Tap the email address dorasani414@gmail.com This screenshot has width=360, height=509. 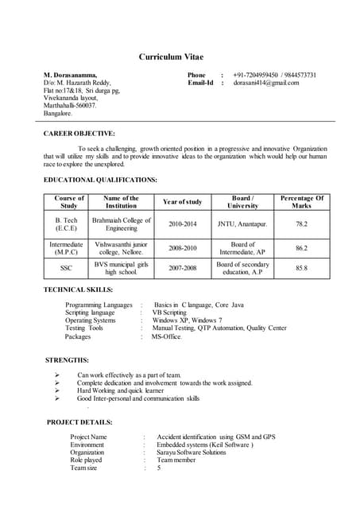coord(266,83)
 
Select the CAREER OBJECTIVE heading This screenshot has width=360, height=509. coord(79,133)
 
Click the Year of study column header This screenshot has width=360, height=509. coord(182,202)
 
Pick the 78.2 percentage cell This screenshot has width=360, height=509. coord(301,224)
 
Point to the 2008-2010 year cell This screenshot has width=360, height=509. coord(182,248)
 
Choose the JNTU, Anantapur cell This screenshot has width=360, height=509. coord(242,224)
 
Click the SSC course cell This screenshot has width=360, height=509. coord(66,269)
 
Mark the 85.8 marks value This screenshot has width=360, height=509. coord(301,269)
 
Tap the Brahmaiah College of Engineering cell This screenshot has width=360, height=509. coord(122,224)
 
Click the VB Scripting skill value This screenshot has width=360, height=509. coord(168,313)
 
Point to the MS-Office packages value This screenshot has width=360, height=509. coord(166,336)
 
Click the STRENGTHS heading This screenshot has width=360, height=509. coord(68,360)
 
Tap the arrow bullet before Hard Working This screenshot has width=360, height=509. coord(57,390)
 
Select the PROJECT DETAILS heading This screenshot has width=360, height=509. coord(79,422)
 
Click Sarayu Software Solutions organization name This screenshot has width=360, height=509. coord(192,452)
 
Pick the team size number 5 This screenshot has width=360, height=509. coord(159,468)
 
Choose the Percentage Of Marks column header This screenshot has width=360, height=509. coord(301,202)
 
